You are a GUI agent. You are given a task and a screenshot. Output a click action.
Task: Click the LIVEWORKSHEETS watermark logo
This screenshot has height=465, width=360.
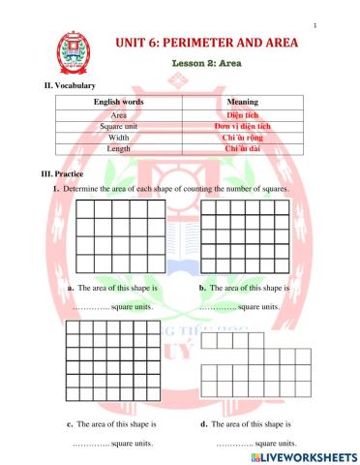298,455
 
